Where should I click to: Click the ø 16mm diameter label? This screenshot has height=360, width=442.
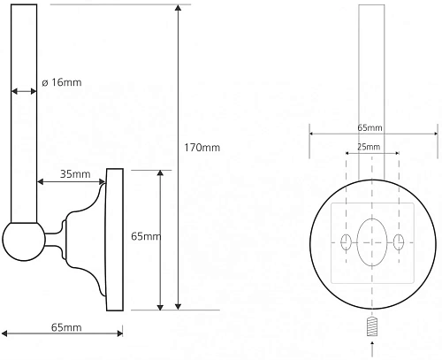62,82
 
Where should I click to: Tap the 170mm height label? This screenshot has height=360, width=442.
202,148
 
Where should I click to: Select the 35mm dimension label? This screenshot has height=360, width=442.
75,174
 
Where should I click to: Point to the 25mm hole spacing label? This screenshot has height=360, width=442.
369,147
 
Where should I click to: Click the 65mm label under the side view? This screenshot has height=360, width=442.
66,327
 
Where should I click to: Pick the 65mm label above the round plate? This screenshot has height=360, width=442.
370,127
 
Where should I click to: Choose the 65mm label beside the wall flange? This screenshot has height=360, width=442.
146,236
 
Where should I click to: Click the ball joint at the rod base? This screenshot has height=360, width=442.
24,241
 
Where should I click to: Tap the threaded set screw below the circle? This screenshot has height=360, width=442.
372,326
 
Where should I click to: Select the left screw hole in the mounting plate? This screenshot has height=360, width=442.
346,242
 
